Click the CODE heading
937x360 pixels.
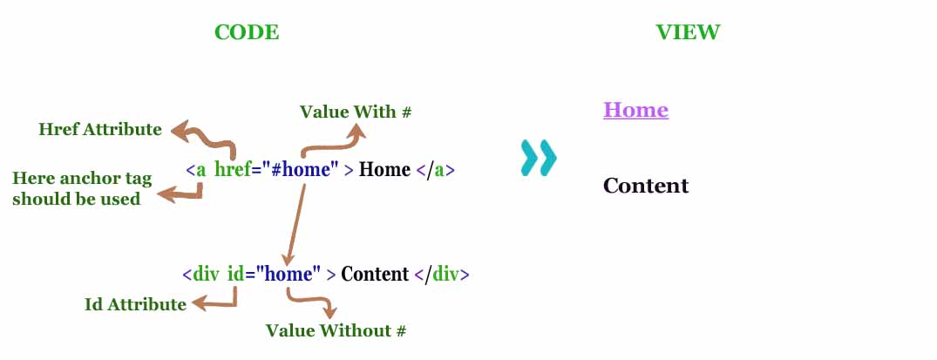coord(247,33)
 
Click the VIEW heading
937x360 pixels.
coord(688,33)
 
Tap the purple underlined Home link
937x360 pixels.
coord(635,111)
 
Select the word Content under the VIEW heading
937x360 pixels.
coord(645,186)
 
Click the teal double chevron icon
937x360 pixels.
coord(538,158)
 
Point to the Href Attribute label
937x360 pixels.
coord(100,130)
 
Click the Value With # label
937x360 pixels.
coord(355,112)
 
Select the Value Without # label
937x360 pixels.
coord(336,330)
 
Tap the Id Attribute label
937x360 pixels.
coord(135,304)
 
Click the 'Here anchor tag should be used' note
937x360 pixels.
coord(82,188)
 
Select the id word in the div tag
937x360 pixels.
coord(235,275)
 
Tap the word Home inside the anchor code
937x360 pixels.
coord(384,170)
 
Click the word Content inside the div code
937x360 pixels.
coord(374,275)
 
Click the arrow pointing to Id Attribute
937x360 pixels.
coord(218,301)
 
